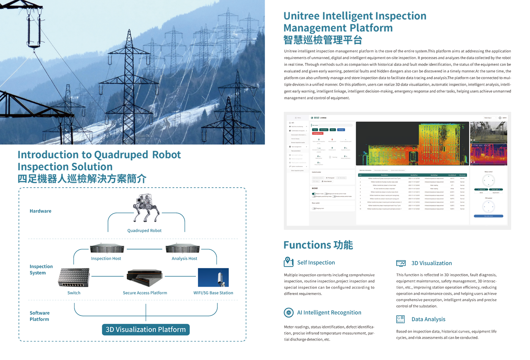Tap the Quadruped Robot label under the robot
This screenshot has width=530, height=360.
click(145, 231)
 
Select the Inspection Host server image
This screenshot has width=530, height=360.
click(107, 249)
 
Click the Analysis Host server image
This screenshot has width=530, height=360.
click(183, 249)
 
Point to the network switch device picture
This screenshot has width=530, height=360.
click(74, 278)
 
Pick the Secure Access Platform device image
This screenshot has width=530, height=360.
click(145, 278)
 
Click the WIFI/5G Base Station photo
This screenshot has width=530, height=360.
click(213, 278)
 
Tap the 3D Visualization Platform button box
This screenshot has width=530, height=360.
click(146, 330)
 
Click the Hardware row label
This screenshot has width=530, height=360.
click(41, 211)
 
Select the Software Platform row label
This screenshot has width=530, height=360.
click(40, 316)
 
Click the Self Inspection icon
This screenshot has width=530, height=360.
click(289, 262)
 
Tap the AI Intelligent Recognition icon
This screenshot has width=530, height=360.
click(289, 313)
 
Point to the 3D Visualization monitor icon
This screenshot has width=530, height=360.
click(401, 263)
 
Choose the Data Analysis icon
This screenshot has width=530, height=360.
click(401, 319)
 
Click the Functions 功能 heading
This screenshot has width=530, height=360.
click(318, 245)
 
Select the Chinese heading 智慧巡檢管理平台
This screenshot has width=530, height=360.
click(323, 40)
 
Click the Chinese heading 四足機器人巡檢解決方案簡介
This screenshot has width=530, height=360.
click(82, 179)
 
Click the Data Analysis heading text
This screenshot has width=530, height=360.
click(428, 319)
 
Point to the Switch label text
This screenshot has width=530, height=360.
click(74, 293)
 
